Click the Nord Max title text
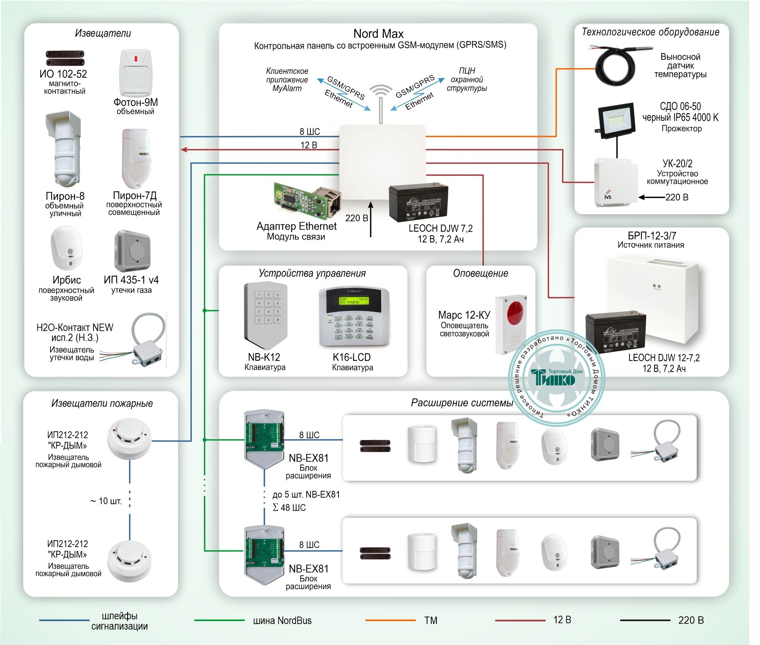378,34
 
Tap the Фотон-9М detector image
135,73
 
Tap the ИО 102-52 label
63,74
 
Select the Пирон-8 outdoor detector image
64,150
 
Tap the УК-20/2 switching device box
616,182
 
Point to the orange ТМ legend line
390,620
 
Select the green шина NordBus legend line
219,620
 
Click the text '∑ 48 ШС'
289,508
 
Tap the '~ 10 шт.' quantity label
106,501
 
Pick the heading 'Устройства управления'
312,273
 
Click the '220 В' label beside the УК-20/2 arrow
677,197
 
